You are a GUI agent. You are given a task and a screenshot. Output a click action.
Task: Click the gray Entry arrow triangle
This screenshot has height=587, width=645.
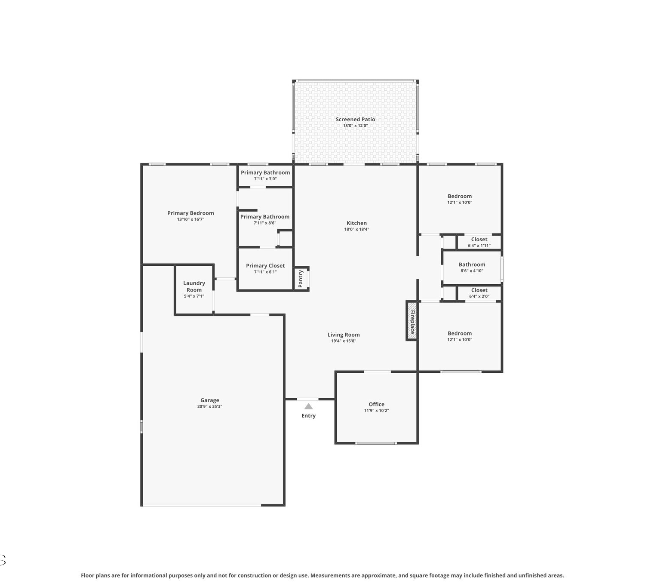[308, 406]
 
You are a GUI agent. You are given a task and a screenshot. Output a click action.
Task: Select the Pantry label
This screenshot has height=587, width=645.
[301, 279]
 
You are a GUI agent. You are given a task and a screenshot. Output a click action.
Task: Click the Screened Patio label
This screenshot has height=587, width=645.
[355, 119]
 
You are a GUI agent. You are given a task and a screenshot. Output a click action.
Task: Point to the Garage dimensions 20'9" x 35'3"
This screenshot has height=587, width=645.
[210, 406]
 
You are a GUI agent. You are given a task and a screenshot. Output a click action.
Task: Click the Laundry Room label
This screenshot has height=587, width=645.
[194, 286]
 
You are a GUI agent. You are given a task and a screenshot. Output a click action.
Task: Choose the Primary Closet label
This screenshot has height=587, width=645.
[265, 266]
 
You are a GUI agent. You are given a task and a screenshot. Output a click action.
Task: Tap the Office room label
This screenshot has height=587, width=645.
[377, 404]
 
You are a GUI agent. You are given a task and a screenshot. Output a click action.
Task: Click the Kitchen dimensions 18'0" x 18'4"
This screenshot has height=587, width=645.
[356, 229]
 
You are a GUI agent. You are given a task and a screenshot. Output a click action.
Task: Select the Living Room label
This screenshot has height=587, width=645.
[344, 335]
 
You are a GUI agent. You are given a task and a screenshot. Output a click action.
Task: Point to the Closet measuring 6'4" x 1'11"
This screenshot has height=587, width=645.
[479, 239]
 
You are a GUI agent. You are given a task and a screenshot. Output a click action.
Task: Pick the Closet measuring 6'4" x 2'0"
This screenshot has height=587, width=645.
[479, 290]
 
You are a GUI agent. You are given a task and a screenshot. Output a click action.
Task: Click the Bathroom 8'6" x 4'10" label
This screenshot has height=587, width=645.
[472, 265]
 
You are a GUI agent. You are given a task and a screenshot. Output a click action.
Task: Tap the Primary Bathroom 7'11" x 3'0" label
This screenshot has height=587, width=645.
[265, 173]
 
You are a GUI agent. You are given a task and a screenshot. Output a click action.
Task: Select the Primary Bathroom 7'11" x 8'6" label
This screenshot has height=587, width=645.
[265, 217]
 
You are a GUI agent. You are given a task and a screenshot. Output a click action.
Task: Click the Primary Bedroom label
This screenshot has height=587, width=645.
[190, 213]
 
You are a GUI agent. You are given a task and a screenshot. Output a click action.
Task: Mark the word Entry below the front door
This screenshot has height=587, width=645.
[308, 415]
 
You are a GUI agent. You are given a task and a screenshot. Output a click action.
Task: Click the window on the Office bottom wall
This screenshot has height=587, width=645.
[376, 443]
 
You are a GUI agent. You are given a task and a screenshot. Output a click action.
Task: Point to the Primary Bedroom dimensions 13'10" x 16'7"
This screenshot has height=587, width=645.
[190, 219]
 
